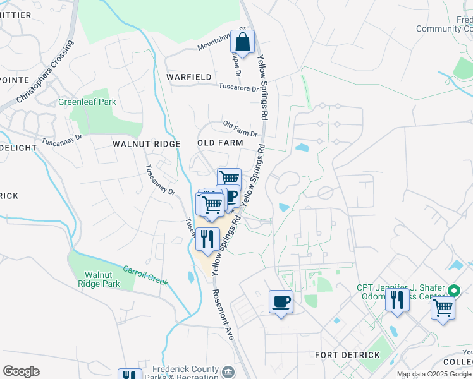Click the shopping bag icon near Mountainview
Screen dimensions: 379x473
point(242,43)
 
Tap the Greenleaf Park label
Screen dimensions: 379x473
point(87,102)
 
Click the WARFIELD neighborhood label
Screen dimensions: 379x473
point(188,77)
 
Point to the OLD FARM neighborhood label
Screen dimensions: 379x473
point(220,143)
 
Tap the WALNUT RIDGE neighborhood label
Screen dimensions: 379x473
point(147,144)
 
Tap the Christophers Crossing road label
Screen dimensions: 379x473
point(45,73)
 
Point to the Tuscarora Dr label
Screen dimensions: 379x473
point(238,88)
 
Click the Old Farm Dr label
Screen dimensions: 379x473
point(240,129)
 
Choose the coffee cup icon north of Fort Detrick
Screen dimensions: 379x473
point(281,302)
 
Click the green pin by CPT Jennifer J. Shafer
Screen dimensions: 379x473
point(453,291)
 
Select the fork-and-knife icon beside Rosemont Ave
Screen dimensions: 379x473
point(207,239)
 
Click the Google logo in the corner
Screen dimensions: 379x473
point(21,371)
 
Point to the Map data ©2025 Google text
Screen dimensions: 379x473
point(434,374)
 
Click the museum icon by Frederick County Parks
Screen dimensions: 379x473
point(228,371)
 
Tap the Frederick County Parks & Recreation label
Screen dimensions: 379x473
point(185,373)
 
